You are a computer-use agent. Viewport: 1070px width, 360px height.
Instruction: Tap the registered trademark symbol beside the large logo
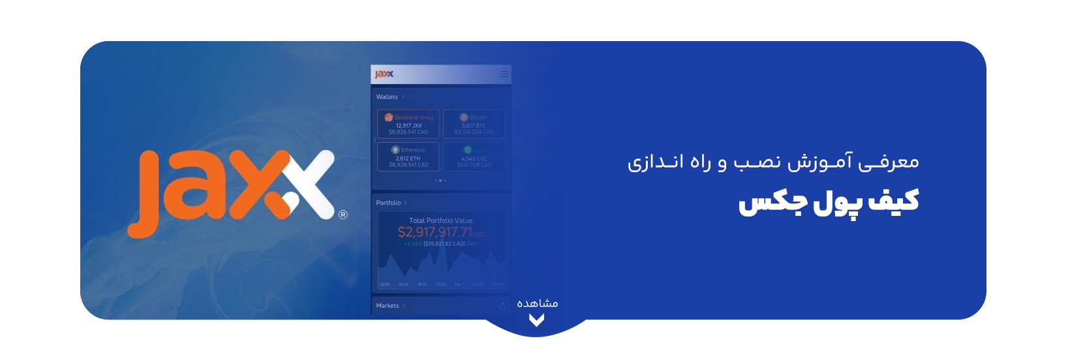point(343,215)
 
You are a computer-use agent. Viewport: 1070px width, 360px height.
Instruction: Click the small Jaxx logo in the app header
point(384,74)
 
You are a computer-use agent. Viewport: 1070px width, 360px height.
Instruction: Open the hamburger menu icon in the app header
point(504,74)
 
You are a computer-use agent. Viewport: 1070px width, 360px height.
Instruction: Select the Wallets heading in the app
point(387,97)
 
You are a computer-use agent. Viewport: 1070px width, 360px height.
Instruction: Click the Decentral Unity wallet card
point(408,124)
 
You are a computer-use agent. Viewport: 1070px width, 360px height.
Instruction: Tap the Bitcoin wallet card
point(474,124)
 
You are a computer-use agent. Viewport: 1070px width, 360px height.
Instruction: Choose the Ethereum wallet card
point(408,157)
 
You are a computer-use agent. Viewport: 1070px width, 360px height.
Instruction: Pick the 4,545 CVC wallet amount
point(474,158)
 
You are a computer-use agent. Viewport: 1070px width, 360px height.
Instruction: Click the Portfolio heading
point(388,203)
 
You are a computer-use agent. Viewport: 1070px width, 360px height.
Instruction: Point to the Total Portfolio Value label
point(441,220)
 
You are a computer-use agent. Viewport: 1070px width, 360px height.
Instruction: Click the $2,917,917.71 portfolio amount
point(435,232)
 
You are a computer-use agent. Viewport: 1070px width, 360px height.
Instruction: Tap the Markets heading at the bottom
point(388,306)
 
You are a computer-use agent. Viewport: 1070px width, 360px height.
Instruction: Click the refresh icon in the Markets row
point(502,306)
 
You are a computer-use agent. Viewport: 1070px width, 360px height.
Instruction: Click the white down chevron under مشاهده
point(536,320)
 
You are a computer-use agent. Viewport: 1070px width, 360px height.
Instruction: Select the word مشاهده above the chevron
point(537,303)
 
